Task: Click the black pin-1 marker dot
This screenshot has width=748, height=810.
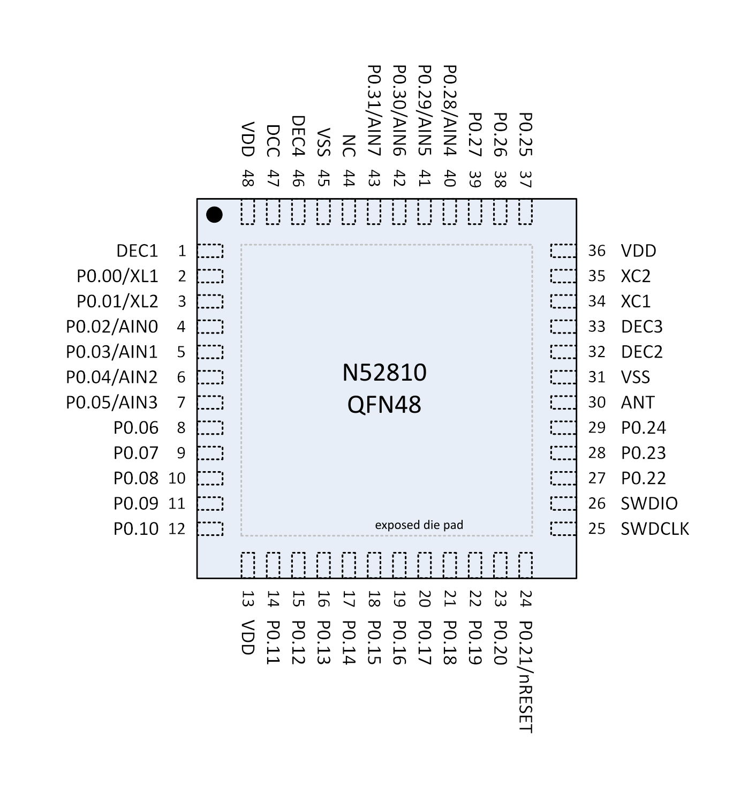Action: (x=214, y=215)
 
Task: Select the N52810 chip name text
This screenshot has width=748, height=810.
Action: (x=384, y=373)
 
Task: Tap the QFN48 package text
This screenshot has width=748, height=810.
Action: (x=384, y=405)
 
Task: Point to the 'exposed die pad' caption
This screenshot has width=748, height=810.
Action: (x=419, y=525)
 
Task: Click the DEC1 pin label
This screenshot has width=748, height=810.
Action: (x=137, y=251)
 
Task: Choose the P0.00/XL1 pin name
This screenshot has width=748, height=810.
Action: (x=117, y=276)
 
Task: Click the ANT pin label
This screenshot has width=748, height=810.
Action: (x=637, y=403)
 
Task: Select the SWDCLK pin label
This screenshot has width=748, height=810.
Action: (x=654, y=529)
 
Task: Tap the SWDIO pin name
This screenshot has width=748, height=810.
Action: (x=649, y=504)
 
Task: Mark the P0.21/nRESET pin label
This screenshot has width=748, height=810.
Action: (x=526, y=677)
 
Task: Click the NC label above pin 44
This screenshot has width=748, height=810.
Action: (x=349, y=146)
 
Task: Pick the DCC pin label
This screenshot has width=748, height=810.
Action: (x=273, y=141)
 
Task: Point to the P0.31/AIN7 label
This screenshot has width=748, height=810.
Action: (x=374, y=110)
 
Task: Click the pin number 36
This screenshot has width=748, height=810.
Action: (x=596, y=251)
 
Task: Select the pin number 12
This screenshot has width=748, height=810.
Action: (x=177, y=529)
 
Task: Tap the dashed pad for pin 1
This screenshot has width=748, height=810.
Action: (x=210, y=251)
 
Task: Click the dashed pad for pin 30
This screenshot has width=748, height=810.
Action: (x=564, y=403)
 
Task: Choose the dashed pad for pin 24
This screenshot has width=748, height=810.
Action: (x=526, y=565)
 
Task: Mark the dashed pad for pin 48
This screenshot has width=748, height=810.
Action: (x=248, y=211)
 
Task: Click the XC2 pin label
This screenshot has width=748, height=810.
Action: (x=636, y=276)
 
